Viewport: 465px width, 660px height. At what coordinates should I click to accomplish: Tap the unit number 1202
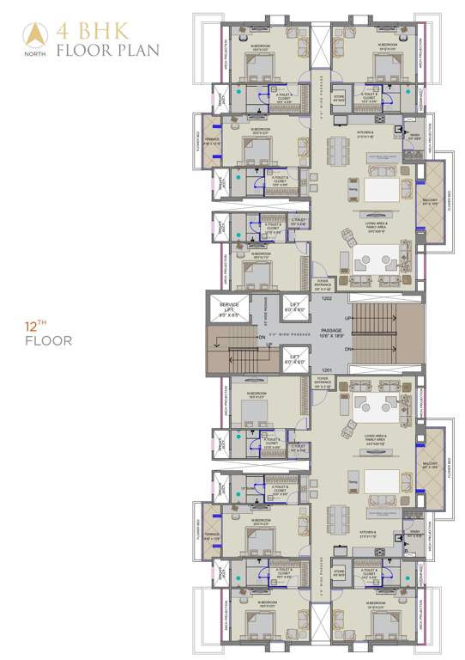click(326, 299)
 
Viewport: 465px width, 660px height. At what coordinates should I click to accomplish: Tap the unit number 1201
click(326, 370)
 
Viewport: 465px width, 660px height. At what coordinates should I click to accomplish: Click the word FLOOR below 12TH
click(49, 341)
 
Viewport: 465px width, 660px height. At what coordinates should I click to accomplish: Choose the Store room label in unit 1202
click(339, 96)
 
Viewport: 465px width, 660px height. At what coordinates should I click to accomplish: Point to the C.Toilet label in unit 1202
click(299, 221)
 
